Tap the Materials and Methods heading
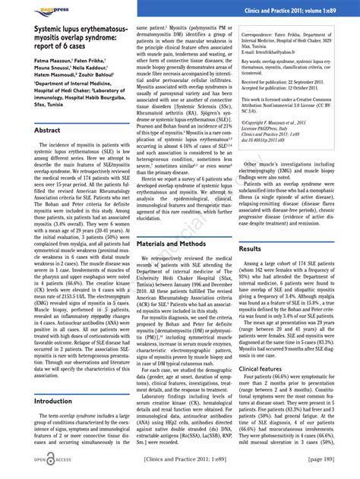click(171, 244)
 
